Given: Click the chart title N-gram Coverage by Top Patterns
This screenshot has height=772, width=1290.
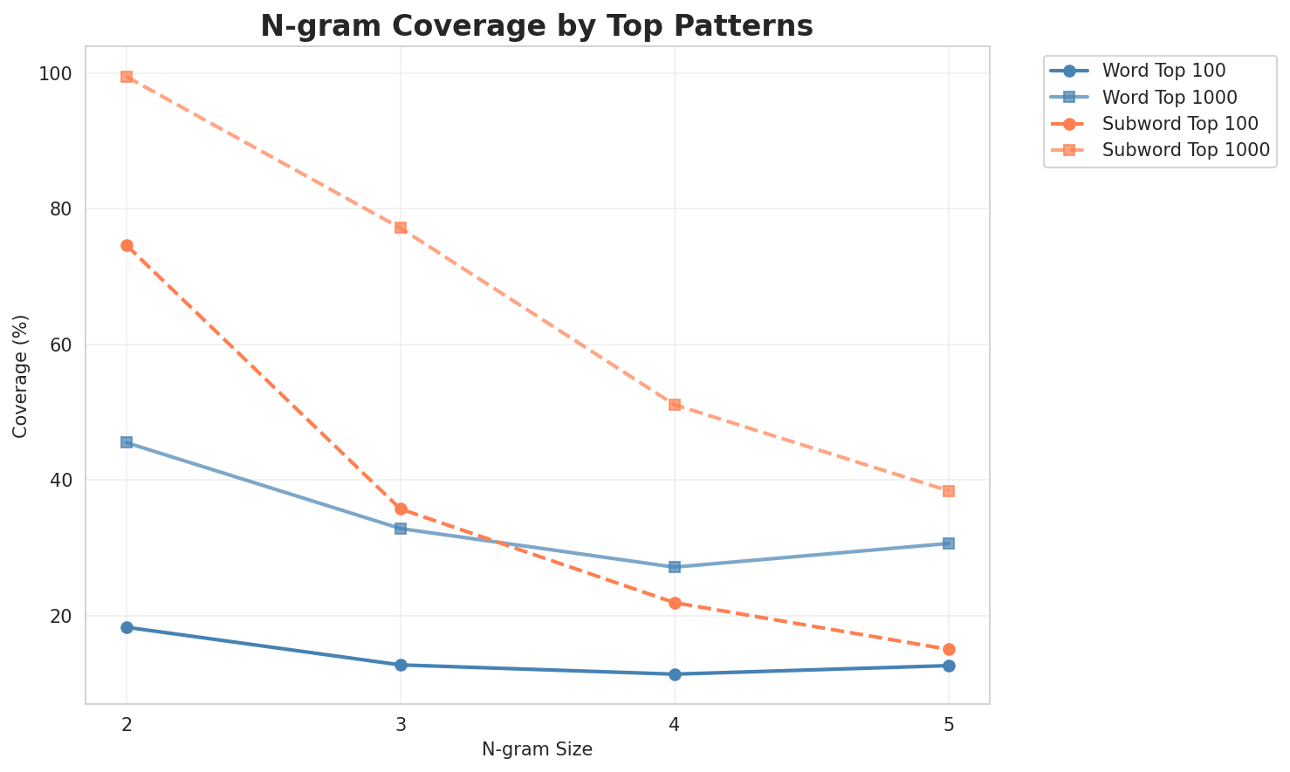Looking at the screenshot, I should coord(537,25).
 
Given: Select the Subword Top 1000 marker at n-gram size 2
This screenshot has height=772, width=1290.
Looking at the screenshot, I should coord(127,77).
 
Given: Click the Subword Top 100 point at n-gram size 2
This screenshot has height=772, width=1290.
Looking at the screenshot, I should coord(127,246).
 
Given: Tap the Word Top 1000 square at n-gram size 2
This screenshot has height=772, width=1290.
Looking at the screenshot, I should coord(127,442).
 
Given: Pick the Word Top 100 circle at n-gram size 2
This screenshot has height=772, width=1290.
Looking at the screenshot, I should coord(127,627).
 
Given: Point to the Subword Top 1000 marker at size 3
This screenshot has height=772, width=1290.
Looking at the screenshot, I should coord(401,228).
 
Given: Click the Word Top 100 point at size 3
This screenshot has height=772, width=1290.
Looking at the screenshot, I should coord(401,665).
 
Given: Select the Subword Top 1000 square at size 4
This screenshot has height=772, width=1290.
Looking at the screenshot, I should coord(675,405).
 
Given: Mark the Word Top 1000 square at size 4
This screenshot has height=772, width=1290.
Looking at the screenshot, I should coord(675,567).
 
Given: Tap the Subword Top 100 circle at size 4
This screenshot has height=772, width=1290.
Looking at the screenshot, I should coord(675,603).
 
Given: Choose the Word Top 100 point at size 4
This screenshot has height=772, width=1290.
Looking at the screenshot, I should coord(675,674).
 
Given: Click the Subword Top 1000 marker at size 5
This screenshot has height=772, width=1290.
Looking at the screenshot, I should coord(949,491).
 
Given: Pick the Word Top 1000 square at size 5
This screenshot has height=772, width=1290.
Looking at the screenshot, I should coord(949,543).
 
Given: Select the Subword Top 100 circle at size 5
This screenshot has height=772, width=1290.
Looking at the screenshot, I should coord(949,649).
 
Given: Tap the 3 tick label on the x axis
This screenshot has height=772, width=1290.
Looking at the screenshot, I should coord(401,724).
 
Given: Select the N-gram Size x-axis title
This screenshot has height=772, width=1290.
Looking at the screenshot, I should coord(537,749).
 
